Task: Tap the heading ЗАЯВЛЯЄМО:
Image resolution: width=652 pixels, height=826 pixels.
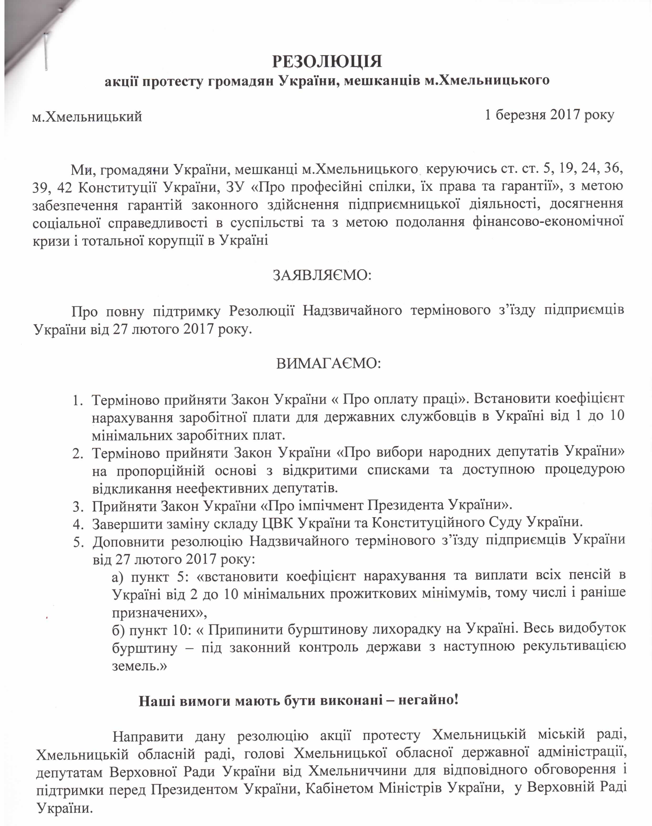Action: click(x=322, y=275)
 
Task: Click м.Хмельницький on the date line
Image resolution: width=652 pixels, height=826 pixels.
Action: click(x=87, y=116)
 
